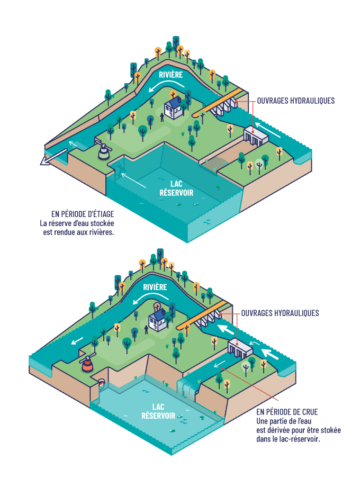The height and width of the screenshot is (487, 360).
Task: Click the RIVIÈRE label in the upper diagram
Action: point(171,75)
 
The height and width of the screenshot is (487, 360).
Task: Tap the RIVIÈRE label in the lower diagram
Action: point(155,287)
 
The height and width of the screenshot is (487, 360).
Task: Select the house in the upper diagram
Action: point(174,106)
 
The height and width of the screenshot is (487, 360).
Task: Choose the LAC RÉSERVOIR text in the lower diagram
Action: point(158,411)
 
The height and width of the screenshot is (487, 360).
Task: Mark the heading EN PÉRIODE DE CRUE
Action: point(287,412)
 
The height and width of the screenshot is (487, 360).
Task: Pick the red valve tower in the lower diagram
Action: point(87,365)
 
